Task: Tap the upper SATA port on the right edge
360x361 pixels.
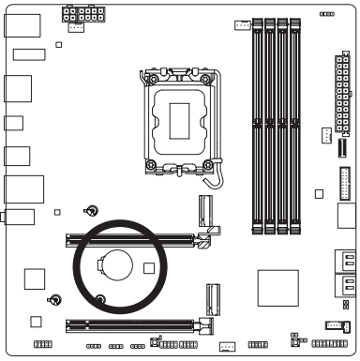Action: pos(344,263)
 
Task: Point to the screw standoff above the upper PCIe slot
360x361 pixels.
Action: pos(91,211)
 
